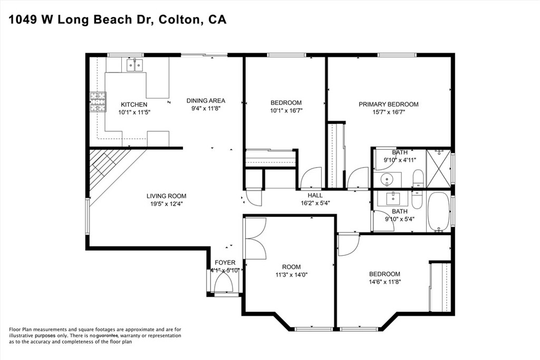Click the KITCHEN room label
coord(134,105)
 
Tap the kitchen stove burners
coord(98,102)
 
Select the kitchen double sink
coord(134,65)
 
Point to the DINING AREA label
coord(206,101)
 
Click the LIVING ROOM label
coord(166,196)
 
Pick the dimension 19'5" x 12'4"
coord(166,204)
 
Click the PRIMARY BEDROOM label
coord(389,104)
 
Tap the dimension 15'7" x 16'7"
coord(389,112)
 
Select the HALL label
coord(315,195)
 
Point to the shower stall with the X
coord(438,169)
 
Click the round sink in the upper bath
coord(388,179)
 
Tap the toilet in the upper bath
coord(418,179)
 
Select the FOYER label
coord(225,262)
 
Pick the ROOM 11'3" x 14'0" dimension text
coord(291,275)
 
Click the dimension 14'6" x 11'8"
coord(384,282)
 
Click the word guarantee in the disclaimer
coord(107,336)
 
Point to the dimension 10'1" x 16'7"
coord(286,111)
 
